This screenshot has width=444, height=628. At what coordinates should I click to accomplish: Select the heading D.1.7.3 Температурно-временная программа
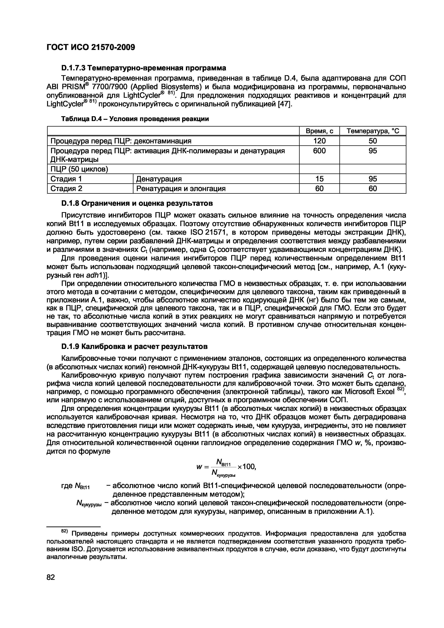coord(144,67)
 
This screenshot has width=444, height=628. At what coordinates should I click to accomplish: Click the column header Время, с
coord(319,131)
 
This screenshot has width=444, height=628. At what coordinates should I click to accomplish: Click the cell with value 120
coord(319,141)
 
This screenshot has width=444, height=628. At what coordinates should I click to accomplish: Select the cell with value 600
coord(319,151)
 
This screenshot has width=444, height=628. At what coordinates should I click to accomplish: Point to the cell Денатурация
coord(159,179)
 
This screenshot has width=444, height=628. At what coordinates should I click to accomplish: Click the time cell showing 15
coord(319,179)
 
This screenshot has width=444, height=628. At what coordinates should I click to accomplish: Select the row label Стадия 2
coord(66,189)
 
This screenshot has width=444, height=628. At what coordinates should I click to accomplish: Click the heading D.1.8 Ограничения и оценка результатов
coord(137,204)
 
